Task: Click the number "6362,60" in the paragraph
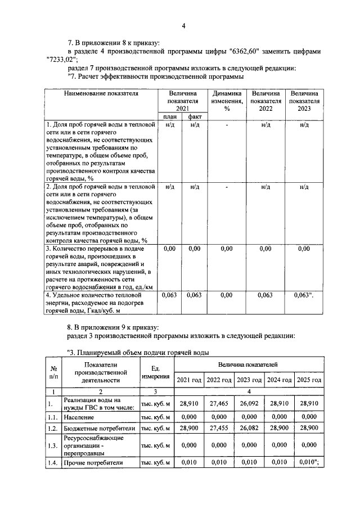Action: [x=244, y=51]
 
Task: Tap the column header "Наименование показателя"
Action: [x=101, y=93]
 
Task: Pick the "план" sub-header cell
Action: [x=170, y=116]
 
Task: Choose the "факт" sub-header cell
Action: [x=195, y=116]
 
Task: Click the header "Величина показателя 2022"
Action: [x=266, y=101]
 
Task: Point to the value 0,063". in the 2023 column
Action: [x=305, y=294]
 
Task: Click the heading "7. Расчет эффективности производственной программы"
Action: [x=155, y=77]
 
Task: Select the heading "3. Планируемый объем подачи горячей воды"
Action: [x=138, y=353]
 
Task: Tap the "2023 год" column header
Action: [x=250, y=380]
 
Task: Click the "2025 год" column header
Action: [x=309, y=380]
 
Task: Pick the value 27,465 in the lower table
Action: [x=220, y=404]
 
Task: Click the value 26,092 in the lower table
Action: [x=250, y=404]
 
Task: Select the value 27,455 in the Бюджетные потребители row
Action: [x=220, y=428]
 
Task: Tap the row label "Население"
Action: [x=78, y=417]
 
